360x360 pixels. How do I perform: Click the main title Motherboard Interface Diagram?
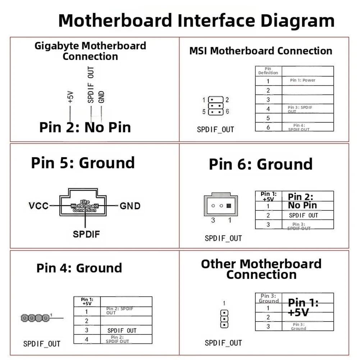(196, 20)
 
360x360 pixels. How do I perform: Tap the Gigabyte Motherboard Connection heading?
(90, 51)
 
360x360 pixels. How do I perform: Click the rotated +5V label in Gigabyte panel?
(70, 97)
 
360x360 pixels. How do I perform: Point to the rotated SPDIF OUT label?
(91, 85)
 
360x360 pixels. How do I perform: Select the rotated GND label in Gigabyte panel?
(101, 97)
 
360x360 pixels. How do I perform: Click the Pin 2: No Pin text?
(85, 127)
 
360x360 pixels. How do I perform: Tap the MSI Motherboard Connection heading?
(261, 51)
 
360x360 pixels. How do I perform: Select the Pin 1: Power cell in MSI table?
(302, 80)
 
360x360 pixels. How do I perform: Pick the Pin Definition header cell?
(268, 70)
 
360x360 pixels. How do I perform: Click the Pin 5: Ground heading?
(83, 163)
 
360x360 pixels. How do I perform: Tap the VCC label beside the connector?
(39, 206)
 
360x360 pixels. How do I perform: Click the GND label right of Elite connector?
(130, 206)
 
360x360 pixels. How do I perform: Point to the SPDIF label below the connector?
(86, 234)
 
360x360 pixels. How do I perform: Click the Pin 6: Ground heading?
(261, 164)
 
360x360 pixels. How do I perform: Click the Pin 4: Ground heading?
(79, 268)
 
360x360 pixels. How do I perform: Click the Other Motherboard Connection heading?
(261, 269)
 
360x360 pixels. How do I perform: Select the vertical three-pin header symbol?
(224, 319)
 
